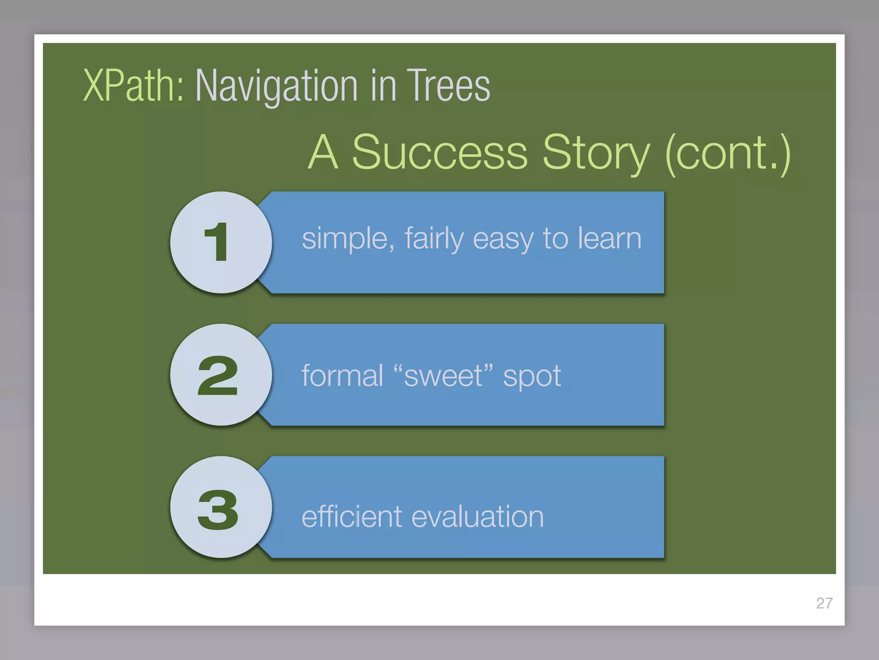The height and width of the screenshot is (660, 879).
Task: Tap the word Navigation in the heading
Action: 276,87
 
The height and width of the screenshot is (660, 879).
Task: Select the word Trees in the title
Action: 448,86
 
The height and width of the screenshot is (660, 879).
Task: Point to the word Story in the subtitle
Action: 596,154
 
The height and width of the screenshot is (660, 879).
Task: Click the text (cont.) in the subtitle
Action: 727,153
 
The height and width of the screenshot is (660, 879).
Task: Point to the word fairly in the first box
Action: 434,239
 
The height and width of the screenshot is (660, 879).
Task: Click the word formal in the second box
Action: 342,376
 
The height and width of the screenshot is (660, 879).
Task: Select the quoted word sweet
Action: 443,376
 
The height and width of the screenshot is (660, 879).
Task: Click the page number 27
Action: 824,603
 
